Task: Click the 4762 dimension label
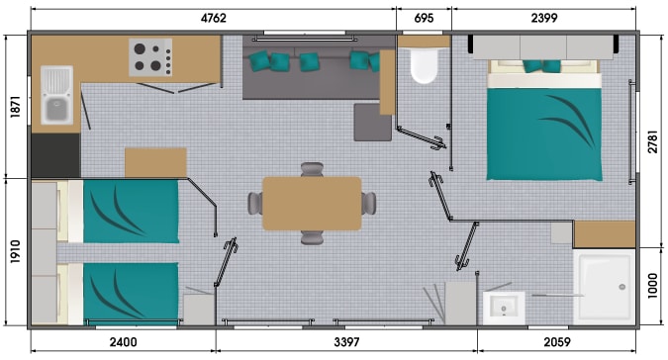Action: click(214, 18)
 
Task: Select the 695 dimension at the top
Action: click(424, 18)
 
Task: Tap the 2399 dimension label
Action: click(544, 18)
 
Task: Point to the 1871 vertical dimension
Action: click(15, 107)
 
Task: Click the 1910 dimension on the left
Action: click(15, 251)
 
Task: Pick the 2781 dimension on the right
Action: click(653, 141)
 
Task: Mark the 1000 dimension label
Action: click(653, 286)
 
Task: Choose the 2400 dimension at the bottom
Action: click(123, 341)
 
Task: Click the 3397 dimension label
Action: click(346, 341)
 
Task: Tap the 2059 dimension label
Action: click(557, 341)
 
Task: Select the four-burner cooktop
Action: click(150, 57)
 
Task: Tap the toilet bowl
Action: click(424, 65)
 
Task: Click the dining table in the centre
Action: click(313, 204)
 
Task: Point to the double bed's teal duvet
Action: click(544, 135)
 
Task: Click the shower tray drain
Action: click(622, 287)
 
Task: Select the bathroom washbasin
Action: click(504, 309)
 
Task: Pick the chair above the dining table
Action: click(312, 169)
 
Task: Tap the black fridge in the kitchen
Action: click(55, 155)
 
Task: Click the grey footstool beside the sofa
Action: click(372, 122)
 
